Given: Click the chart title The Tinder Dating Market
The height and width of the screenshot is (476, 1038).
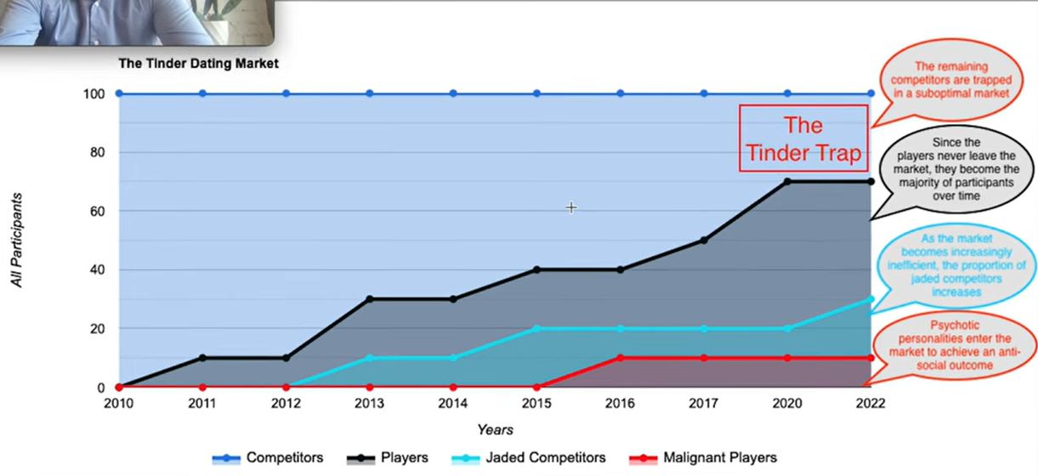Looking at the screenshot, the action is (x=198, y=63).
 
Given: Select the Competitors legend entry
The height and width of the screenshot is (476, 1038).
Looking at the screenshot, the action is (x=268, y=458).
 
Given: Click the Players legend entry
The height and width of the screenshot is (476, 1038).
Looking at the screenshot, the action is (x=388, y=458).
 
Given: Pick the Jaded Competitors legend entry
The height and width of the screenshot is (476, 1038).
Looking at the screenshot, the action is (x=528, y=458).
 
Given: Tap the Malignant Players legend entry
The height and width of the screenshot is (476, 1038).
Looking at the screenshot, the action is (x=702, y=458).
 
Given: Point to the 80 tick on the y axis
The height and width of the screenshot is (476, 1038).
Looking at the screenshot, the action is (x=97, y=152).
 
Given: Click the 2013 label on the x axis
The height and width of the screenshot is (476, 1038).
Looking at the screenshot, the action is (x=369, y=403).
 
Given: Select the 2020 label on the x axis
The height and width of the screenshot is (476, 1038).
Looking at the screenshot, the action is (x=787, y=403).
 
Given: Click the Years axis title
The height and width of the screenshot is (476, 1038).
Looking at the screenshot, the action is (x=496, y=429).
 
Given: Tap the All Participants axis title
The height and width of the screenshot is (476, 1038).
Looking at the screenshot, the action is (x=17, y=240).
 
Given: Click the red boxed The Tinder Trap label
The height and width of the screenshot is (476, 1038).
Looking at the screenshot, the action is (x=803, y=139).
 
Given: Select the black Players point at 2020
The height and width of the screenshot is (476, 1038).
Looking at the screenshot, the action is (x=787, y=181).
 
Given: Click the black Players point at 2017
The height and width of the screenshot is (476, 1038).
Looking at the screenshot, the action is (x=703, y=240).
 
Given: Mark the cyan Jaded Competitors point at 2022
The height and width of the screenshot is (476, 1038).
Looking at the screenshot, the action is (x=871, y=299).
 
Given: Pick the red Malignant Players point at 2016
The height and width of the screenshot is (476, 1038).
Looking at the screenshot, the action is (x=620, y=358).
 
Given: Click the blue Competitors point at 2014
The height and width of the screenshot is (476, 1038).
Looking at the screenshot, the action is (x=453, y=93).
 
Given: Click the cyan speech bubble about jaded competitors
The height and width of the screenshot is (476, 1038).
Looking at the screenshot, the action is (x=956, y=266).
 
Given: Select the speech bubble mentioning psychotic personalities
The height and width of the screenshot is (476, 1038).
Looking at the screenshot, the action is (x=954, y=346).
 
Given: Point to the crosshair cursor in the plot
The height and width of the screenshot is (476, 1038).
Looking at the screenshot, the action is (x=571, y=207).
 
